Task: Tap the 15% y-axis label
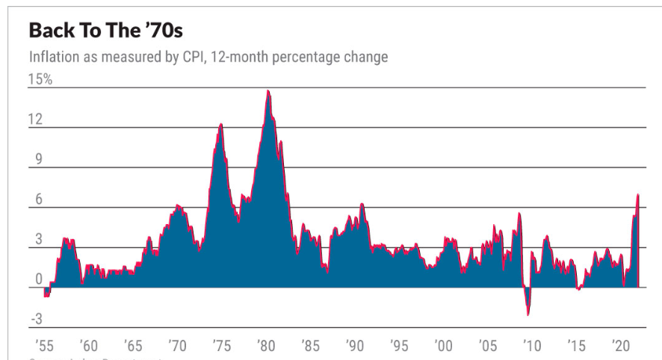(x=40, y=79)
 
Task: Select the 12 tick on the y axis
(x=35, y=120)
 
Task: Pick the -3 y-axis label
(x=36, y=320)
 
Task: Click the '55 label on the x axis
(x=42, y=347)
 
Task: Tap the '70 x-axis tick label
(x=177, y=347)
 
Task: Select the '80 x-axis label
(x=266, y=347)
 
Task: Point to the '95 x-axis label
(x=400, y=347)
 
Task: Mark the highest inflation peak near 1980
(x=267, y=91)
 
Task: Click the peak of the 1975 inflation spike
(x=221, y=124)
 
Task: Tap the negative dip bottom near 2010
(x=528, y=314)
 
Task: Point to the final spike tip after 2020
(x=637, y=195)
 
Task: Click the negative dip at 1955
(x=46, y=296)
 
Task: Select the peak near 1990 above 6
(x=362, y=204)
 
